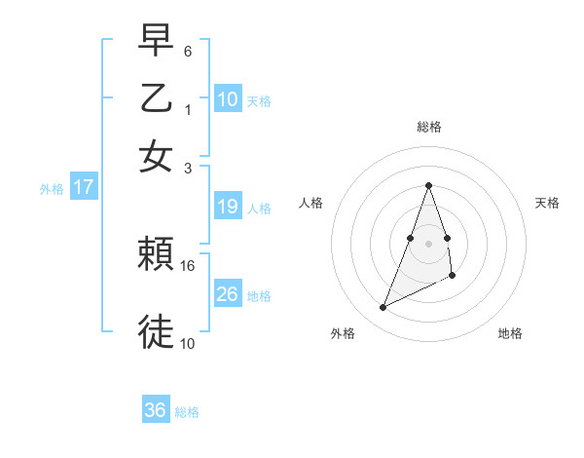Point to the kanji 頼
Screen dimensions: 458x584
156,255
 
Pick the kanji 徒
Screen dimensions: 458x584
156,331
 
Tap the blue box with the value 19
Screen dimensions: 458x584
228,207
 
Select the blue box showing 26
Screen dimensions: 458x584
228,294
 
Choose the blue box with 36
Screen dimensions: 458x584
156,410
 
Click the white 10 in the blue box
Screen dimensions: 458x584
228,98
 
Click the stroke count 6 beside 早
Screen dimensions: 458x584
188,50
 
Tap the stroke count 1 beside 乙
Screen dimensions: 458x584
188,109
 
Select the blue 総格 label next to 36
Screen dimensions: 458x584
187,412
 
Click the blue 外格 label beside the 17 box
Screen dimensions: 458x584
52,189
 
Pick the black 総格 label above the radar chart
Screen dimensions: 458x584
428,127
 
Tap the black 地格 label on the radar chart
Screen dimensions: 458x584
510,333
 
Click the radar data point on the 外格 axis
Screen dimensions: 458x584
383,308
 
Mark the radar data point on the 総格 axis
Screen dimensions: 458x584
428,185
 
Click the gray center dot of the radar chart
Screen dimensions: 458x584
428,242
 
